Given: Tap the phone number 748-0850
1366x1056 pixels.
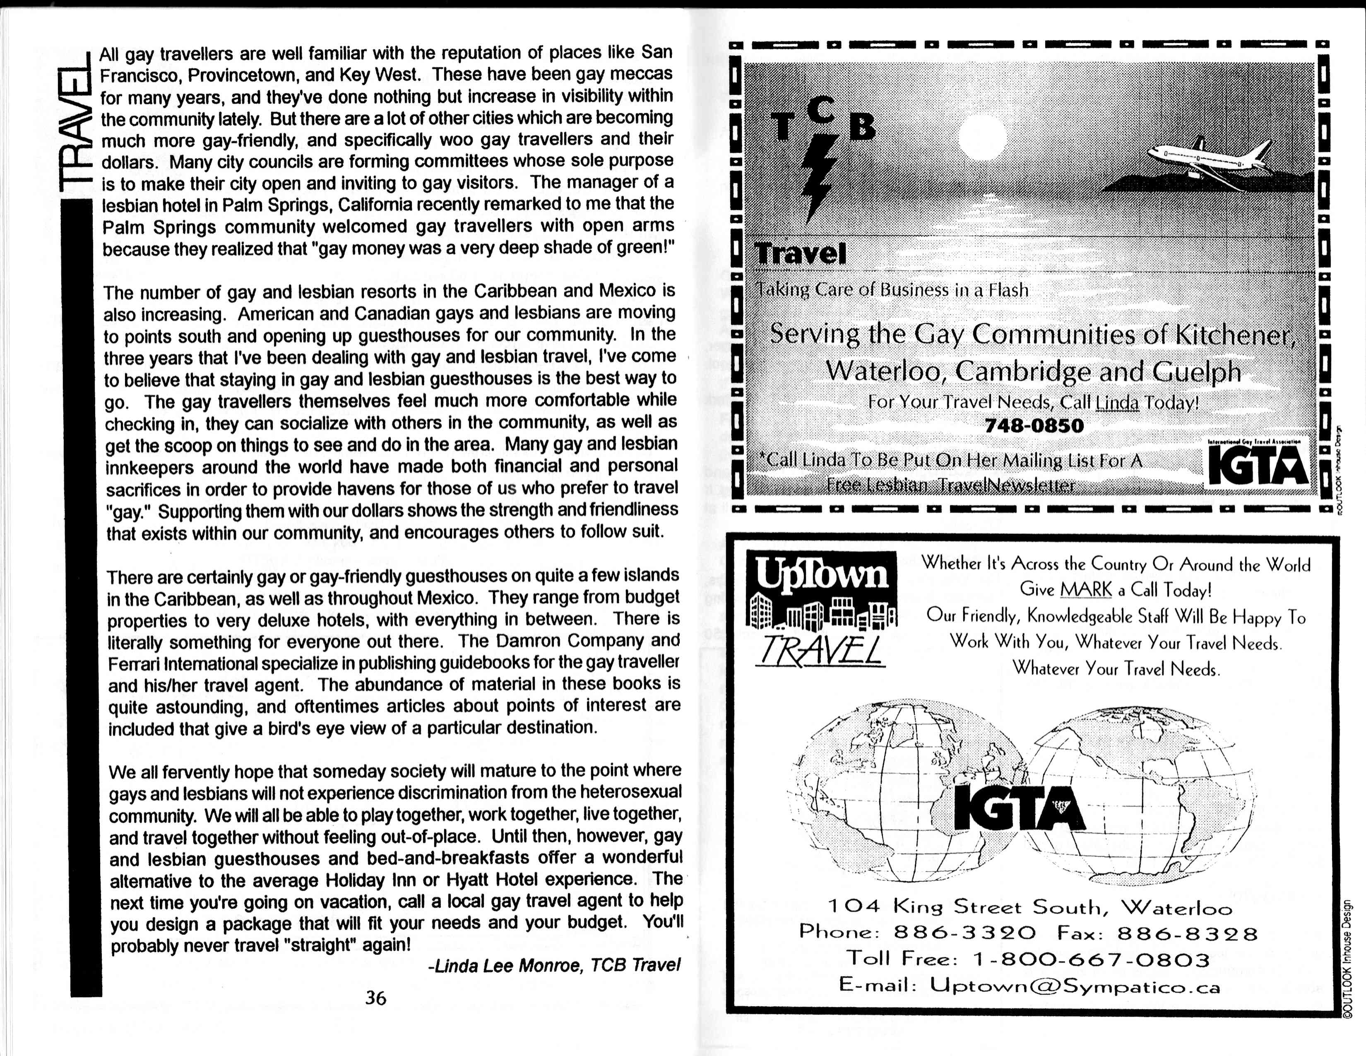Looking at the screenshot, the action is point(1034,425).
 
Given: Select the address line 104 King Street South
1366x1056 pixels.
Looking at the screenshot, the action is point(1029,907).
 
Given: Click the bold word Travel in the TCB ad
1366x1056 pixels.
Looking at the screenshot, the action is point(801,253).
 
